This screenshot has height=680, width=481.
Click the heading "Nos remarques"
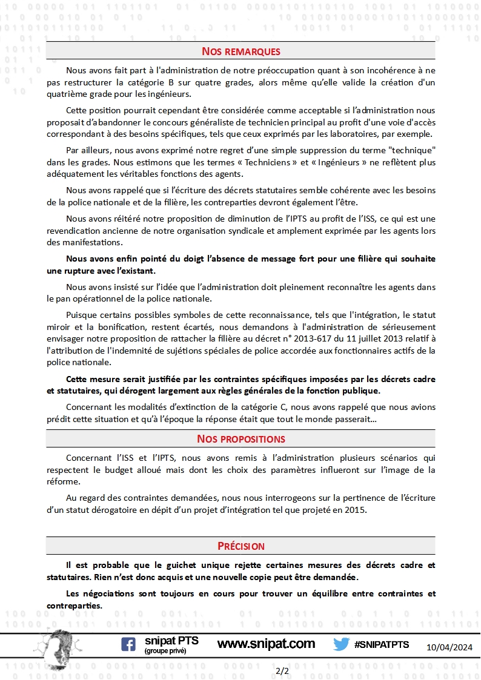[x=240, y=51]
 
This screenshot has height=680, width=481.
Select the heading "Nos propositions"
[x=240, y=438]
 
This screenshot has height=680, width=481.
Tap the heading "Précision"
[x=240, y=546]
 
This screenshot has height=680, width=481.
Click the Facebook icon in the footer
[x=128, y=644]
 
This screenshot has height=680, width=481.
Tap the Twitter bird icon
[x=341, y=644]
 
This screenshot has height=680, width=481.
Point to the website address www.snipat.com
[x=266, y=644]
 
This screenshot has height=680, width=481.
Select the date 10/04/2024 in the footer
[x=450, y=647]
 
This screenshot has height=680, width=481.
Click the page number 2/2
[x=282, y=670]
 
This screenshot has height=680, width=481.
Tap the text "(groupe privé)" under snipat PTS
[x=165, y=651]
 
